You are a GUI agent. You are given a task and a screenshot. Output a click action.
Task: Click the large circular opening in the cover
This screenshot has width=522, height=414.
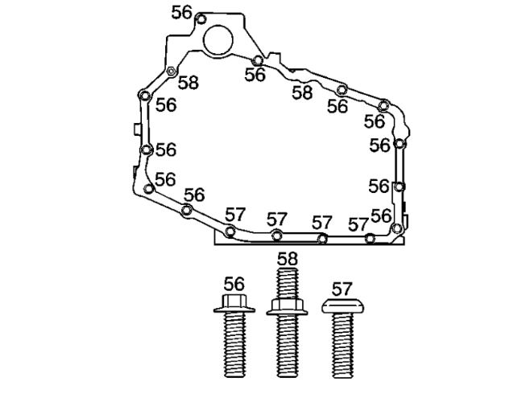(x=218, y=40)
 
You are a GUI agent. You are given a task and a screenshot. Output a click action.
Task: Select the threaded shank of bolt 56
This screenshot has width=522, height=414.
(x=234, y=345)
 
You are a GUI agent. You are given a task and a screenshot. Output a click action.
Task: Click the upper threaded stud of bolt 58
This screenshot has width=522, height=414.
(x=287, y=283)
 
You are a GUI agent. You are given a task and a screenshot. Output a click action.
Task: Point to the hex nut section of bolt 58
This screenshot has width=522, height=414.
(x=287, y=306)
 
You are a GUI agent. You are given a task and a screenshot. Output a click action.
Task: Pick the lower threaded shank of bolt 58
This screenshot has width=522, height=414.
(x=288, y=346)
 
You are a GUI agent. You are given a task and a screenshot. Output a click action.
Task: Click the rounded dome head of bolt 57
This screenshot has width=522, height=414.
(x=342, y=305)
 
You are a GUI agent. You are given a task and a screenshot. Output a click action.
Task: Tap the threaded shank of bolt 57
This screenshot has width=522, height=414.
(x=342, y=346)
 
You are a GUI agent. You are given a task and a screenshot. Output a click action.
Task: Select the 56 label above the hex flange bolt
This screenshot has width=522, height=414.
(x=234, y=285)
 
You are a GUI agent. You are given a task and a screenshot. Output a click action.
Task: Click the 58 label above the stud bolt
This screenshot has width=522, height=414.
(x=288, y=259)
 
